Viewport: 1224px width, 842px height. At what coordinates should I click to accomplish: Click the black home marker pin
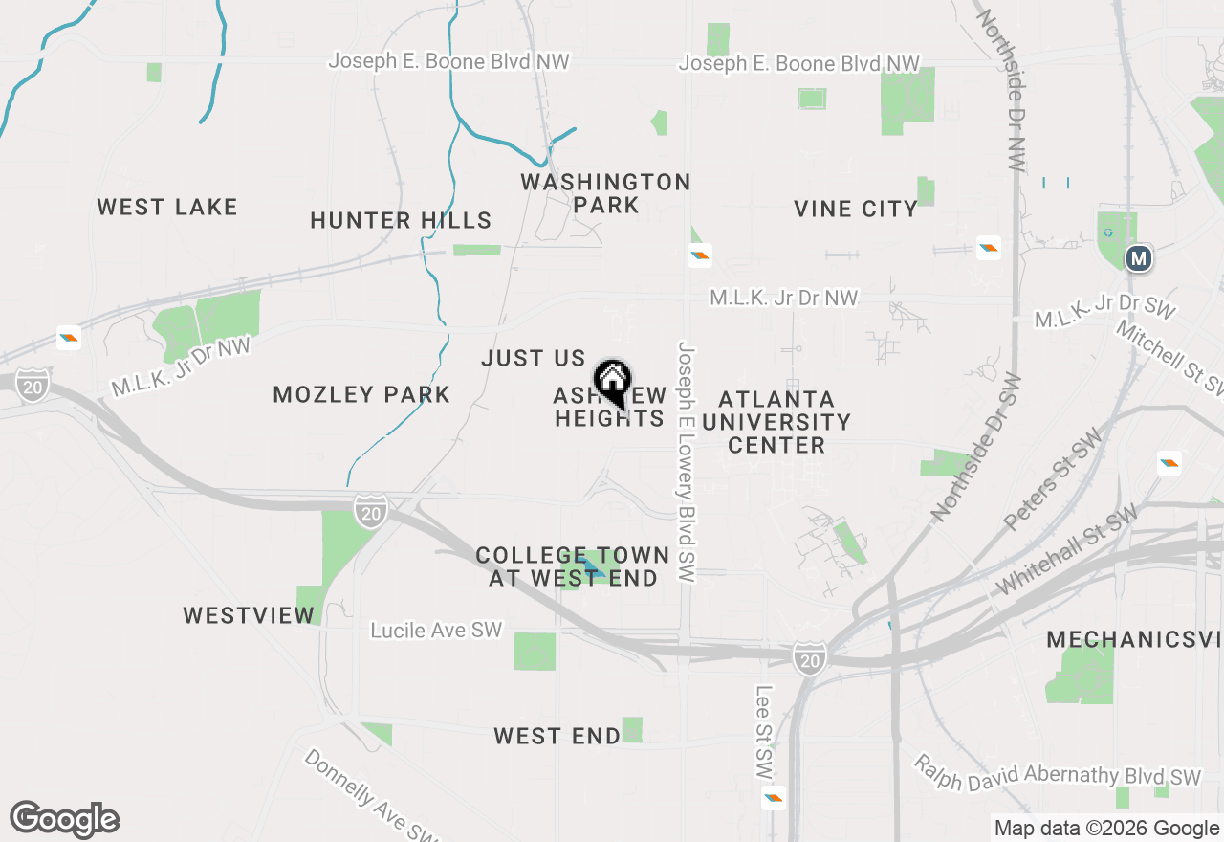612,382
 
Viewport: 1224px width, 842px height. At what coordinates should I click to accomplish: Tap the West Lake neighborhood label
167,207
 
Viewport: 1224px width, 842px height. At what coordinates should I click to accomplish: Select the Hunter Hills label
401,221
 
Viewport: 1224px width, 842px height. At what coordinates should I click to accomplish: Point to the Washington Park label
605,193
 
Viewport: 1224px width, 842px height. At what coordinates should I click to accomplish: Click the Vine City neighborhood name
856,209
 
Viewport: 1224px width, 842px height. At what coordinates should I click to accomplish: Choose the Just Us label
533,359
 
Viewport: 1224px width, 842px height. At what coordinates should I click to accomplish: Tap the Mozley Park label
361,394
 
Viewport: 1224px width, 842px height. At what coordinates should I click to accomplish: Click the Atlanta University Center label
776,422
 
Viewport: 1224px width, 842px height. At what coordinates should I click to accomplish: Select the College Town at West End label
573,566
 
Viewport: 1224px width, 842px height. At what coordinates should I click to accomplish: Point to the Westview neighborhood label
250,615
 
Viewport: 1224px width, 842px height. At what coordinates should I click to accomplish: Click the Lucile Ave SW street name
436,631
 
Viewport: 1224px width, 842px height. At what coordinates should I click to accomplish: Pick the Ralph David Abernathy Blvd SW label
1057,770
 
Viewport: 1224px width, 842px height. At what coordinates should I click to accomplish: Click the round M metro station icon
1138,258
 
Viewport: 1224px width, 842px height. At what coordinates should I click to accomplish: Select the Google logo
64,820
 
